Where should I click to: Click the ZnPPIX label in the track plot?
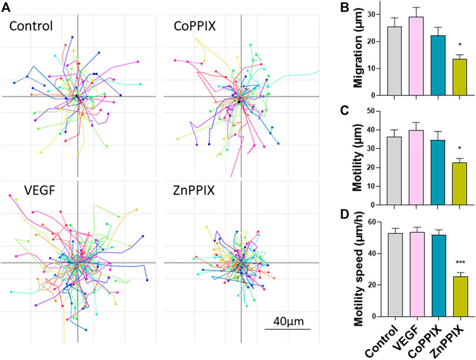coord(195,191)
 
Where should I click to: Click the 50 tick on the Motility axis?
coord(374,111)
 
